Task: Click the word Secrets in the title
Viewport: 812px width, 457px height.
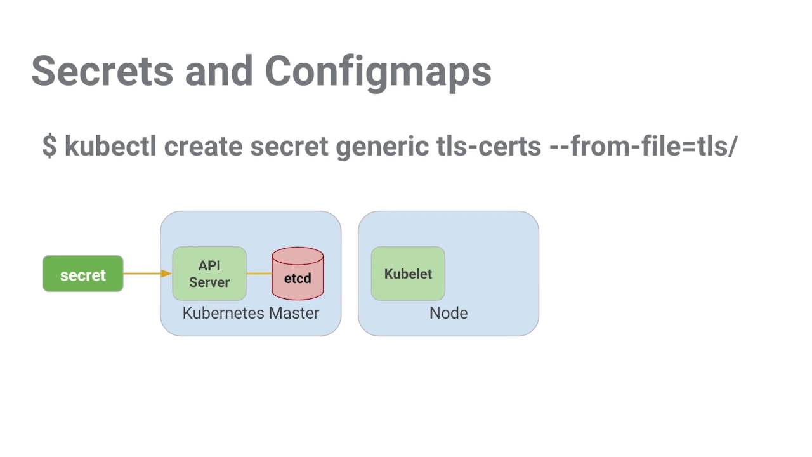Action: point(101,70)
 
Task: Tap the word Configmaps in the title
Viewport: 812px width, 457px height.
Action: point(378,70)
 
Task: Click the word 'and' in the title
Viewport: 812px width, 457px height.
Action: point(218,70)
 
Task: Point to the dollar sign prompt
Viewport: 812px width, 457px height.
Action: point(49,146)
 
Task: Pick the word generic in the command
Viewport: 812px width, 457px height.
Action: point(383,146)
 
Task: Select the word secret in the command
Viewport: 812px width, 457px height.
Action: point(289,146)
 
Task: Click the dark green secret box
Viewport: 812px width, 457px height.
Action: point(82,274)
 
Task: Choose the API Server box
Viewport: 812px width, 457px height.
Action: point(209,274)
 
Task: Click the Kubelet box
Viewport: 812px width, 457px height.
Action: point(408,274)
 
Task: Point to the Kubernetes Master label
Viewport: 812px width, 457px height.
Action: point(251,313)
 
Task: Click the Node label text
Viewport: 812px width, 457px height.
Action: point(449,313)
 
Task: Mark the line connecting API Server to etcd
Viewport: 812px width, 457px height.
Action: point(259,274)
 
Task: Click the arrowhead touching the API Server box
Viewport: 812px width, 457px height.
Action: point(167,274)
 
